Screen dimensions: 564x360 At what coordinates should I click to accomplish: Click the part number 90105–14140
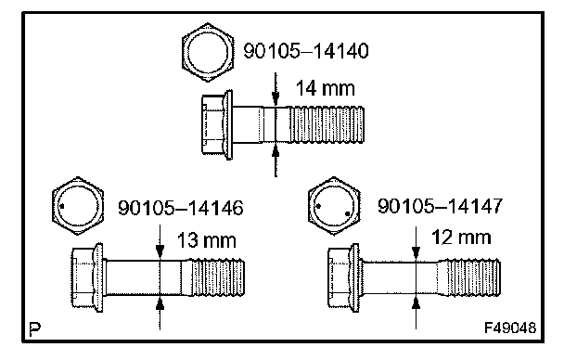tap(306, 50)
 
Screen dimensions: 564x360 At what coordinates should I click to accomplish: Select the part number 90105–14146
tap(181, 208)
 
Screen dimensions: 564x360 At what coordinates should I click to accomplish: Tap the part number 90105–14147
tap(440, 206)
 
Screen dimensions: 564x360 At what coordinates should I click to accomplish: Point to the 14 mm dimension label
tap(326, 88)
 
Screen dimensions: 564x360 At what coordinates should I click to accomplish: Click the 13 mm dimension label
tap(207, 240)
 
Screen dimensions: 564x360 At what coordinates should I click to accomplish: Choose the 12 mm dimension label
tap(461, 238)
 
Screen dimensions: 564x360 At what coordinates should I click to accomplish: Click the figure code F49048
tap(510, 328)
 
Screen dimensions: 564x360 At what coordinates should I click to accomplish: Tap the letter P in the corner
tap(34, 329)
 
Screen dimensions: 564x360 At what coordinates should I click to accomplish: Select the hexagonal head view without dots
tap(208, 53)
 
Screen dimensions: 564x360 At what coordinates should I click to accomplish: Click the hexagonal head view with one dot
tap(78, 206)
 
